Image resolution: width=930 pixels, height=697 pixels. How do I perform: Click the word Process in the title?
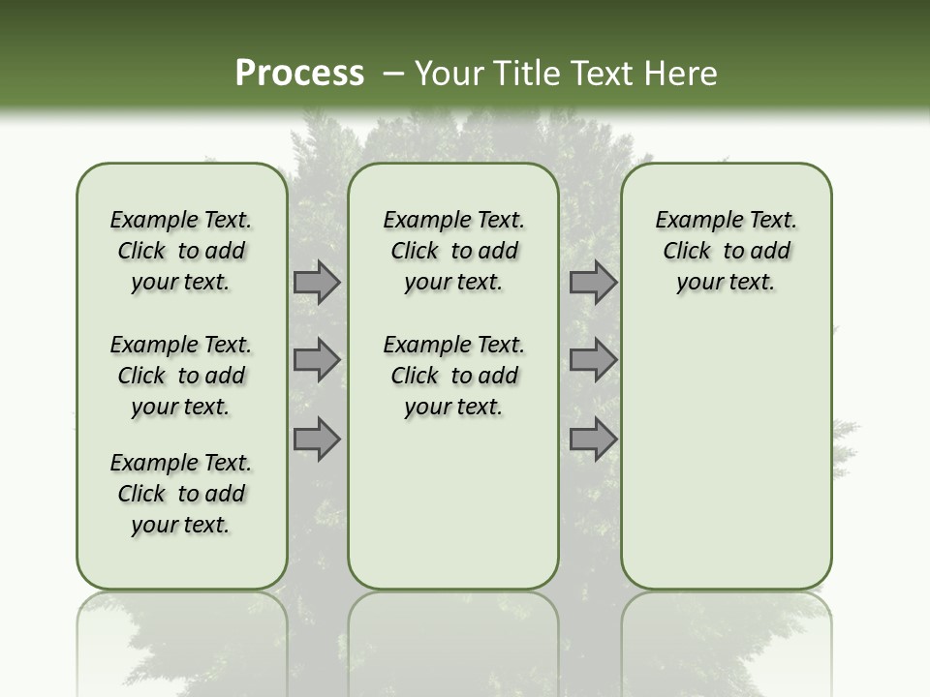(299, 73)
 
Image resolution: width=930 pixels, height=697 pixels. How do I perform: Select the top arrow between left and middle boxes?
(317, 282)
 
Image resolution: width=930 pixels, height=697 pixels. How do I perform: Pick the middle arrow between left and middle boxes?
(317, 360)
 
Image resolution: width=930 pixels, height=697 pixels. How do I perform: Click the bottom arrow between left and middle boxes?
(317, 439)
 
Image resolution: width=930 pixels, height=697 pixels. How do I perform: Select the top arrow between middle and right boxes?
(593, 282)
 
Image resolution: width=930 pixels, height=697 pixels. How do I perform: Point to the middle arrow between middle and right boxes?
(593, 360)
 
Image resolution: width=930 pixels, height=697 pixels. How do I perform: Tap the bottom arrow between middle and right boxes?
(593, 439)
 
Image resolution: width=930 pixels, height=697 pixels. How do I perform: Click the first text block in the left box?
(181, 251)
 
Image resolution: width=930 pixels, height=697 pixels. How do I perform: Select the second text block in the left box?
(181, 376)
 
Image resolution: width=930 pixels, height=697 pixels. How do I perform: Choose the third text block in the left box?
(181, 494)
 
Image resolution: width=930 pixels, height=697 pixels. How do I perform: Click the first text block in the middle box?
(453, 251)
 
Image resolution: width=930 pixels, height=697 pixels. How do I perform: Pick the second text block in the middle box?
(453, 376)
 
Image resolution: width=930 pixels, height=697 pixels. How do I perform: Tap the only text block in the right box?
(726, 251)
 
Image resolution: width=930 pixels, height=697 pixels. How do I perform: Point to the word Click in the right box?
(687, 252)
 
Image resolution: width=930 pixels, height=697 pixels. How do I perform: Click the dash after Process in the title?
(393, 73)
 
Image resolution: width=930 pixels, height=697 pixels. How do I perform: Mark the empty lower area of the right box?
(726, 455)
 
